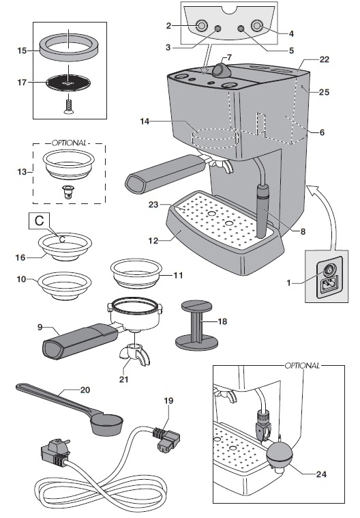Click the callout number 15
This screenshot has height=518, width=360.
pyautogui.click(x=20, y=50)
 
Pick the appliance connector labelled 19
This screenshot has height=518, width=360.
pyautogui.click(x=162, y=435)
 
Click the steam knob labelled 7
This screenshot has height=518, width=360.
pyautogui.click(x=220, y=70)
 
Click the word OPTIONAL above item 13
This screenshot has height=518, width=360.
pyautogui.click(x=69, y=144)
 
